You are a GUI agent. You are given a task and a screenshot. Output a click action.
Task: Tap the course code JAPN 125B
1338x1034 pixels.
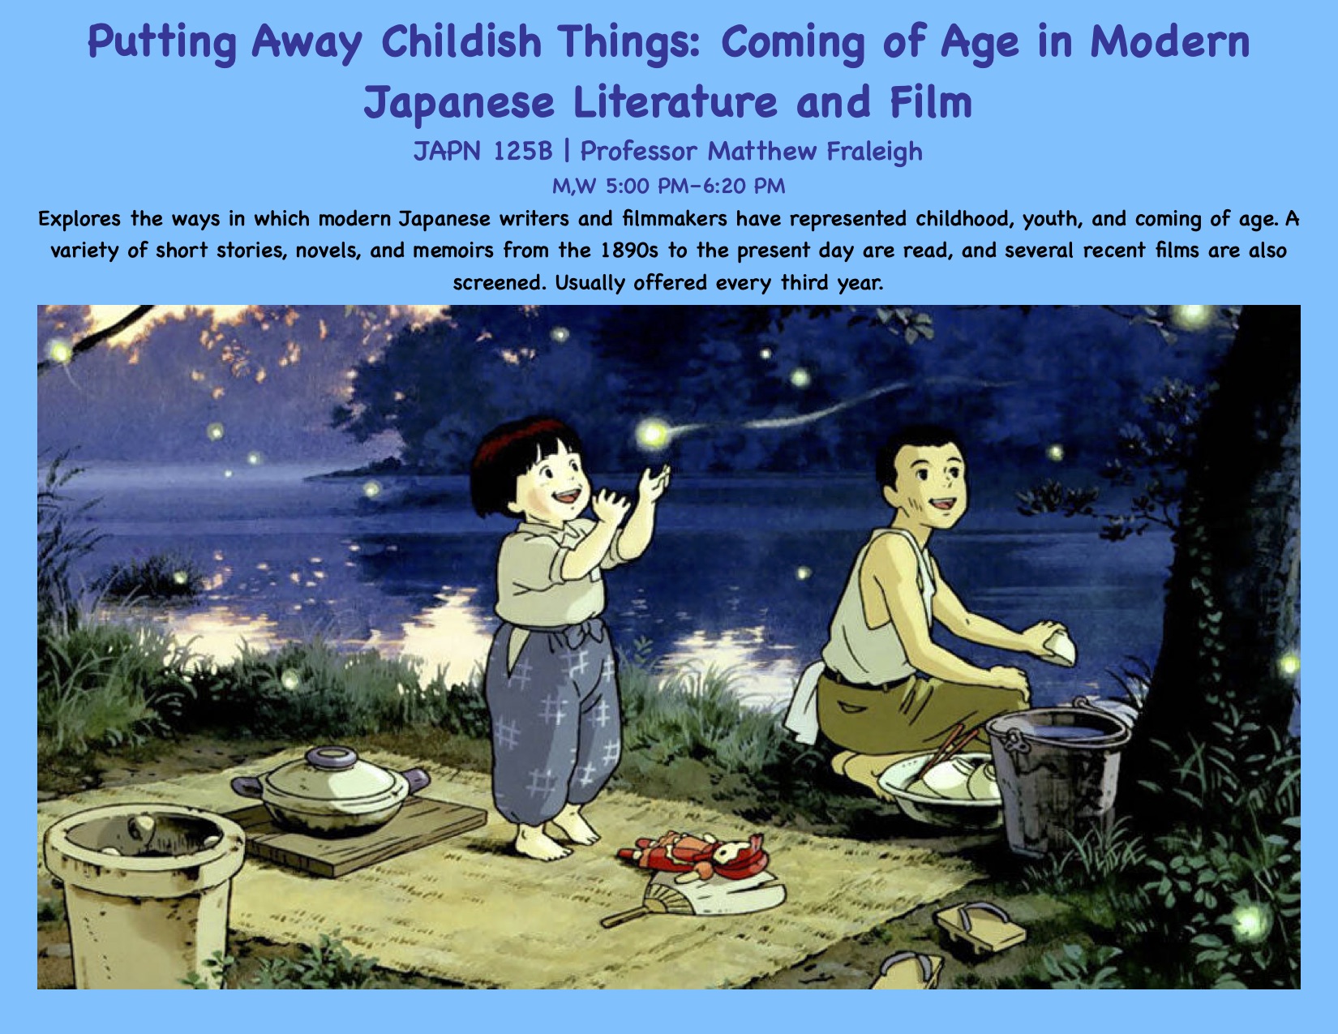coord(482,152)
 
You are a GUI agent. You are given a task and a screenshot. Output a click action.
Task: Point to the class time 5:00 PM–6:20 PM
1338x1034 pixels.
coord(695,186)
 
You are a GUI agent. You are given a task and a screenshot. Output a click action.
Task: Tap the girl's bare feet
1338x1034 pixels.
coord(556,834)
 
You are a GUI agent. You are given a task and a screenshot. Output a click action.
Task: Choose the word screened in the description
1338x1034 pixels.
coord(500,283)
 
